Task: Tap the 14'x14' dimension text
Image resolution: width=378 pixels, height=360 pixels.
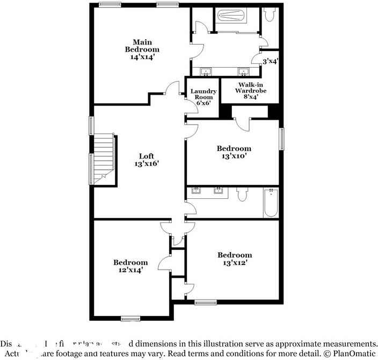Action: click(x=142, y=57)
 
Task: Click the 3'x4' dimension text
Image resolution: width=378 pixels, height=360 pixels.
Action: click(x=270, y=62)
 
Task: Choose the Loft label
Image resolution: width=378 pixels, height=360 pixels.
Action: click(x=147, y=156)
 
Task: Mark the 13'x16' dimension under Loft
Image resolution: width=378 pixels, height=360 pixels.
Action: click(x=147, y=164)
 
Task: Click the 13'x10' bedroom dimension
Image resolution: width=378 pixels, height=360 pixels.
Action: click(x=234, y=156)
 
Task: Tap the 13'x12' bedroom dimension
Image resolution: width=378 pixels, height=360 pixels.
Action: click(x=234, y=263)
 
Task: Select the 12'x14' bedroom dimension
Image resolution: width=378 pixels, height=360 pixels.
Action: click(x=130, y=271)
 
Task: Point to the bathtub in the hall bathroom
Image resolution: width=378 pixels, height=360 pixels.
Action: click(x=271, y=203)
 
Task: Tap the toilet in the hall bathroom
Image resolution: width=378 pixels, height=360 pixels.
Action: click(x=242, y=194)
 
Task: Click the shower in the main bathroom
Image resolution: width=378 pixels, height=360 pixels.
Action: click(x=231, y=16)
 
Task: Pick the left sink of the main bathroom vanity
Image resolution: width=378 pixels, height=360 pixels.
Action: click(x=206, y=71)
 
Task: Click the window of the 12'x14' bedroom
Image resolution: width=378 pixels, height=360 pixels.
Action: click(x=130, y=318)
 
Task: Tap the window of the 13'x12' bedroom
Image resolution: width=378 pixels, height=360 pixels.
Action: click(x=205, y=303)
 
